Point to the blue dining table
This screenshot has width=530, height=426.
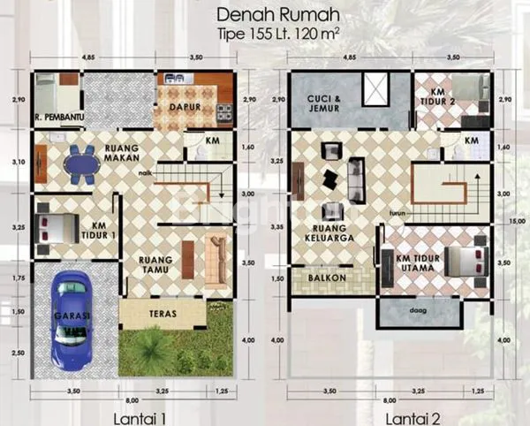[82, 164]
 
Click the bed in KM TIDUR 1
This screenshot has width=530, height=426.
[59, 227]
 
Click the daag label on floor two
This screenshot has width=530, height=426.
[419, 311]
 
